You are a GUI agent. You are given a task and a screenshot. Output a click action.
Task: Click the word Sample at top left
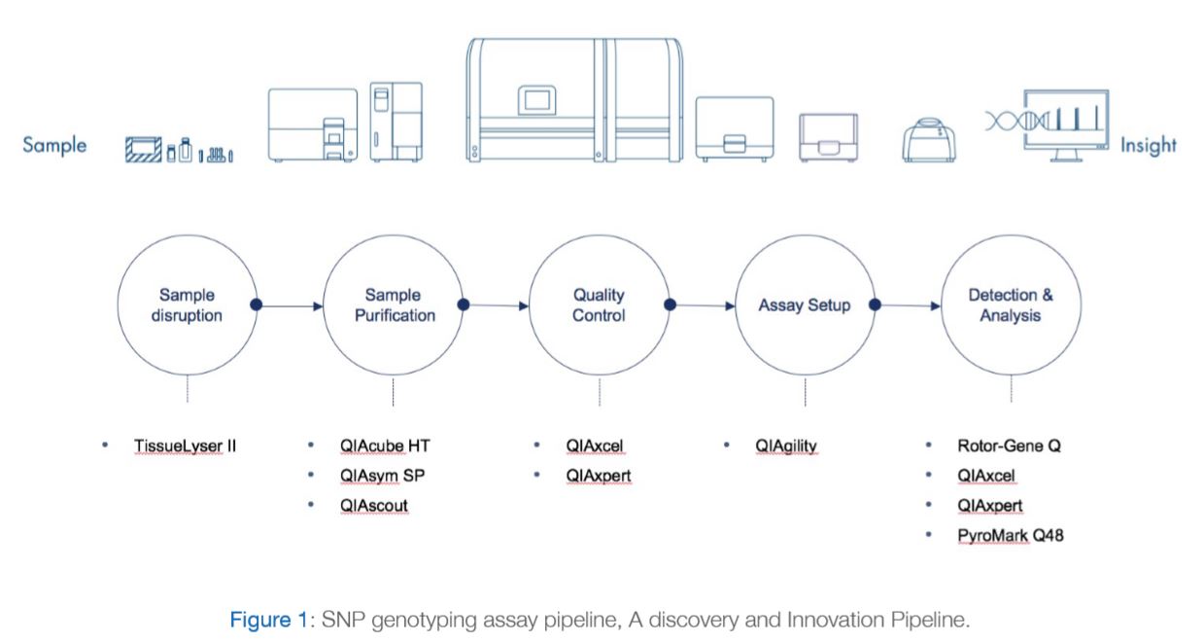(54, 145)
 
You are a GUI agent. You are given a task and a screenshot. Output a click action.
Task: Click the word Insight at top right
(1148, 145)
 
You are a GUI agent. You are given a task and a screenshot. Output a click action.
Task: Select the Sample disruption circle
(188, 304)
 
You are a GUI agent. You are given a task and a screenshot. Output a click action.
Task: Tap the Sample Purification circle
(394, 304)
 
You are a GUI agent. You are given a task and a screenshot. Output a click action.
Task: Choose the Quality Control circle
(599, 304)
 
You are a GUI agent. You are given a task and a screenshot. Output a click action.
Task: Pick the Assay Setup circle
(805, 304)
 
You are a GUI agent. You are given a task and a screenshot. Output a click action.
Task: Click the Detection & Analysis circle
(1011, 304)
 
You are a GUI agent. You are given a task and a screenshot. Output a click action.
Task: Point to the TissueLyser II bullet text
(185, 446)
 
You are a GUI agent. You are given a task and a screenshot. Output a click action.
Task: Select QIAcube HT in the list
(385, 446)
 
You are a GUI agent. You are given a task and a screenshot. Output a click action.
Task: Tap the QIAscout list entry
(374, 505)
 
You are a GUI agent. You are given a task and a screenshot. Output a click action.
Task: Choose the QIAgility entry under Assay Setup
(786, 446)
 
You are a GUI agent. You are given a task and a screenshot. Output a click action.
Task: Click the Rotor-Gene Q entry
(1008, 446)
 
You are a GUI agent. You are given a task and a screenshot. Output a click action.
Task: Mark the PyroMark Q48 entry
(1010, 534)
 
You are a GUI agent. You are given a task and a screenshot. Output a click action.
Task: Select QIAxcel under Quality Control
(594, 446)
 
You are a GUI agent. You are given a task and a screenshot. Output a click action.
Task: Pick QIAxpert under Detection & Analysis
(989, 505)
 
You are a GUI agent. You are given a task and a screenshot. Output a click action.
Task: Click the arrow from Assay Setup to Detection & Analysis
(909, 305)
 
